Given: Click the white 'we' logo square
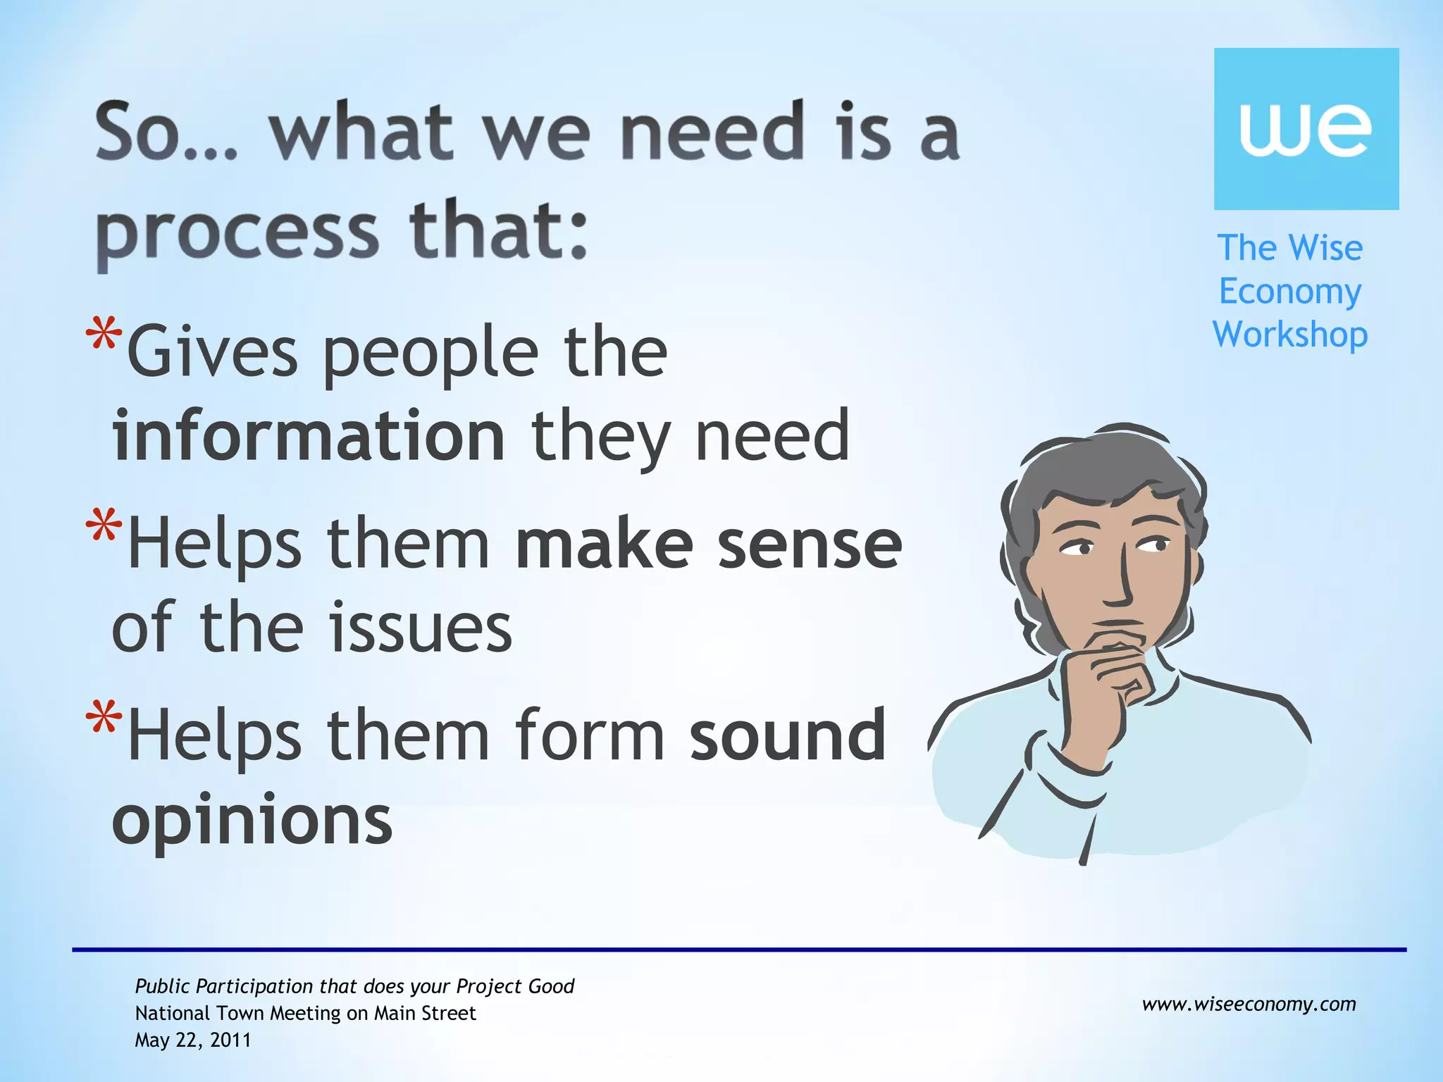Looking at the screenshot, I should [1306, 129].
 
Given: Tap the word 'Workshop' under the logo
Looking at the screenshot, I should [1290, 335].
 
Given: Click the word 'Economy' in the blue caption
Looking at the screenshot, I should [1290, 292].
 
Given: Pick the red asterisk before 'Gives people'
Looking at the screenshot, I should [104, 335].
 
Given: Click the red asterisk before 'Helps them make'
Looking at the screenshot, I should [104, 527].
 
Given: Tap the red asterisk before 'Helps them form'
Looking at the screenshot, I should [104, 719].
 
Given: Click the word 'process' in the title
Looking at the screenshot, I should [237, 232].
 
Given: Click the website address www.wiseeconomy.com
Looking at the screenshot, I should [1249, 1004].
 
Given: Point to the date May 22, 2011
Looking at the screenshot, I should [193, 1040].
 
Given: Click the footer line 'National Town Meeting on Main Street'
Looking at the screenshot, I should [305, 1013].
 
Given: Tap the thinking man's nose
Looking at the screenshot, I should [1120, 585].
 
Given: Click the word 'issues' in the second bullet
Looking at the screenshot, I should [421, 627].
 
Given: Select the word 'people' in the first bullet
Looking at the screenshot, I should [430, 352].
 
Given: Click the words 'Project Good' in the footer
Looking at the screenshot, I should [515, 986].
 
